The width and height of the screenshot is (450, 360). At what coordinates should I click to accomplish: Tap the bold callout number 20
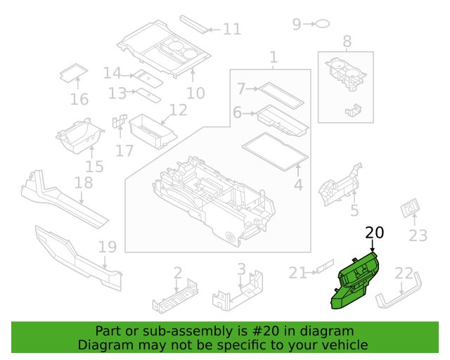click(x=374, y=233)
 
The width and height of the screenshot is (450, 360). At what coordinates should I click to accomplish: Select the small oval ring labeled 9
click(x=323, y=24)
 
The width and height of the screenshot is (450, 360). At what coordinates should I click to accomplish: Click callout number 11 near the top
click(x=232, y=30)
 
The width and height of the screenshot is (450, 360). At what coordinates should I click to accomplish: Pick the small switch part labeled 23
click(x=410, y=207)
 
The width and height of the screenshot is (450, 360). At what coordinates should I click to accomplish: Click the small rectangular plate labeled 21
click(x=325, y=266)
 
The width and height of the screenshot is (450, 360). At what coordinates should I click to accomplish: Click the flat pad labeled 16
click(x=74, y=73)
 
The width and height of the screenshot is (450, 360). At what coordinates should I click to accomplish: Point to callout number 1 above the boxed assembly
click(x=274, y=57)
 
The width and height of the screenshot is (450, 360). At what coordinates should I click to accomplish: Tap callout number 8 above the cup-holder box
click(x=347, y=41)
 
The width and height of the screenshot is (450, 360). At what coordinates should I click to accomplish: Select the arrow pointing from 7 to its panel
click(x=252, y=89)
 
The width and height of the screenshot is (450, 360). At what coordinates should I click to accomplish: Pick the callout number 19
click(x=108, y=247)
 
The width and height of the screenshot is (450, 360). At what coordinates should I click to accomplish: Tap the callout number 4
click(x=298, y=185)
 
